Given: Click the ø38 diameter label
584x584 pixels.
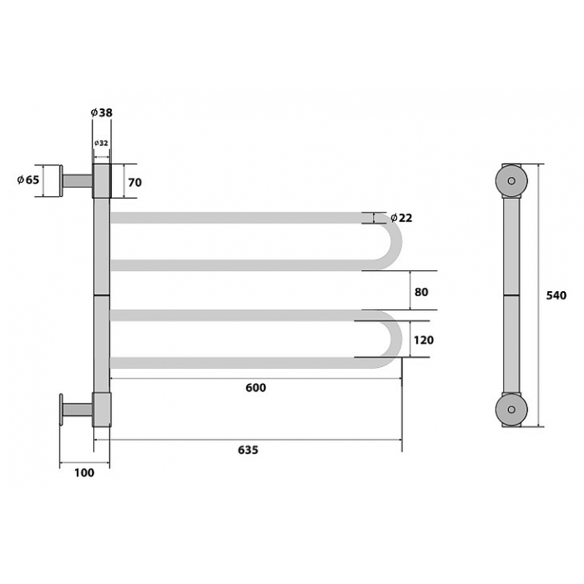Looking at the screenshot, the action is coord(101,113).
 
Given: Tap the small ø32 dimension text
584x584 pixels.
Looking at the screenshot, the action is coord(101,143).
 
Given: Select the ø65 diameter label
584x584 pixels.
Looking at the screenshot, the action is coord(28,179).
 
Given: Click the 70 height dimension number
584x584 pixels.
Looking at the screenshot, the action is coord(135,183).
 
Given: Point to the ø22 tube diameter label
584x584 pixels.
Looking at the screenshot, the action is coord(401,218).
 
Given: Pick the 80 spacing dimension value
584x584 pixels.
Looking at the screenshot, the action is coord(421,292).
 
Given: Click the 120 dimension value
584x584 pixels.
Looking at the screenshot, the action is coord(424,340).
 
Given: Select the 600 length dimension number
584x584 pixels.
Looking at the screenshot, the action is coord(256,388).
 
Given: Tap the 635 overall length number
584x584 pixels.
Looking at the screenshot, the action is coord(248,450).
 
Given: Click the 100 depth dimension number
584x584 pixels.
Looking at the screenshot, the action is coord(84,473).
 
